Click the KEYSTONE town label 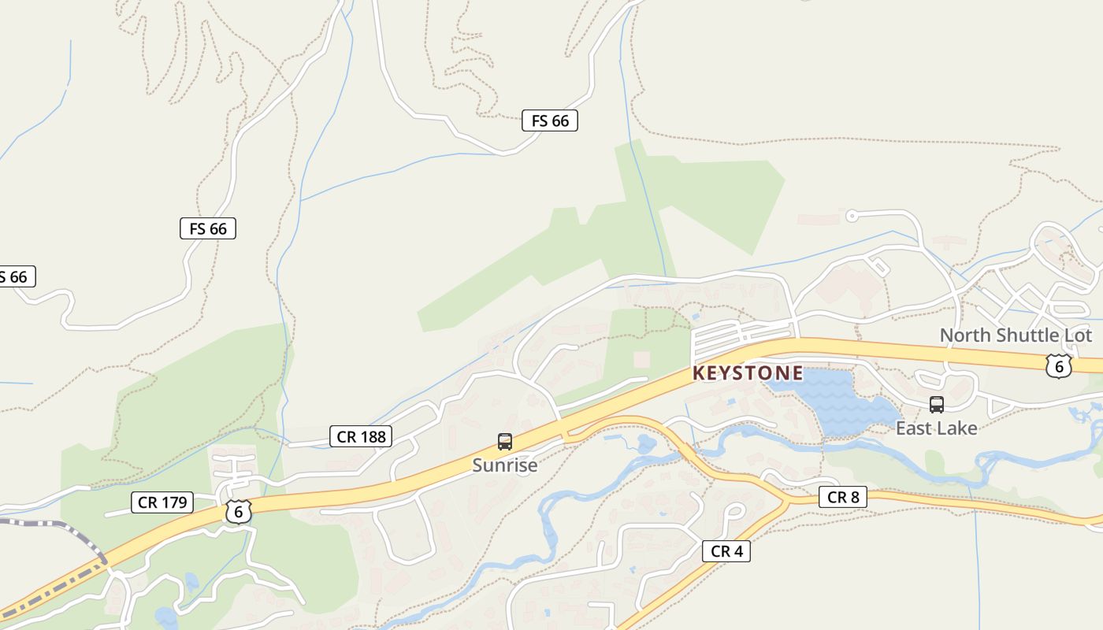(748, 373)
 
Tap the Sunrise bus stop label (505, 465)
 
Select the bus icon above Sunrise (505, 442)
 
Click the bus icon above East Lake (937, 405)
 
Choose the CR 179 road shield (162, 502)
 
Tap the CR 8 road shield (843, 497)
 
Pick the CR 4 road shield (726, 551)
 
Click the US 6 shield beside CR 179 (238, 511)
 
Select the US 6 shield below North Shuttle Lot (1059, 365)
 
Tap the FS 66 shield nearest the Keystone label (550, 120)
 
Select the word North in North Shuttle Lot (964, 335)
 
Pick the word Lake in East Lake (955, 428)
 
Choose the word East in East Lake (912, 428)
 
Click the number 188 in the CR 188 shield (373, 436)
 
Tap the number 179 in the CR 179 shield (173, 502)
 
